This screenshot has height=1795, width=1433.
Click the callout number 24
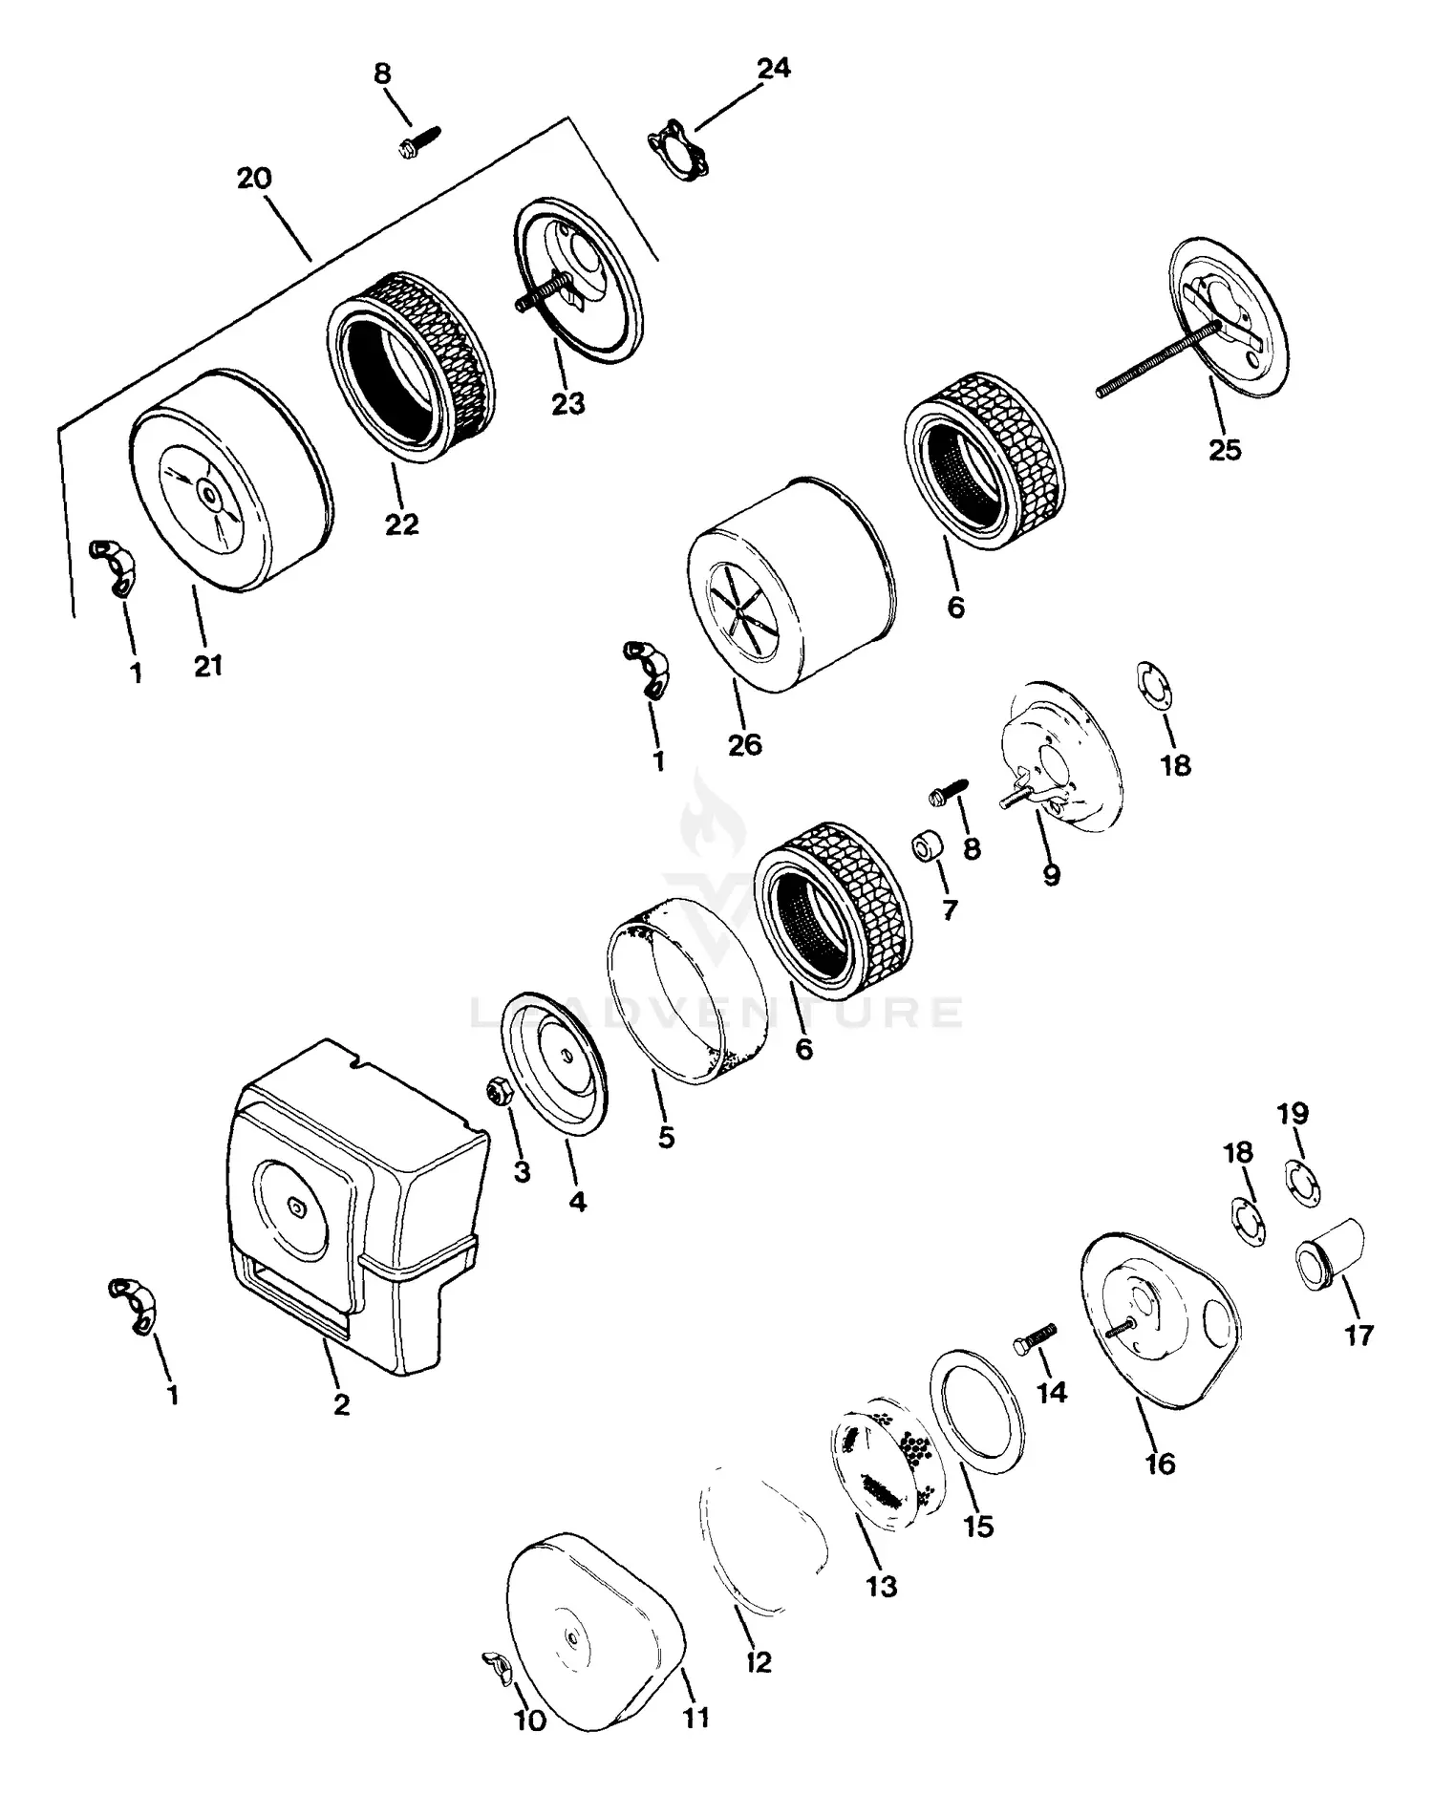pos(773,69)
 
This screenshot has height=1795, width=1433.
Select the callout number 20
pos(254,179)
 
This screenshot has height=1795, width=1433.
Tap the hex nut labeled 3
pos(497,1090)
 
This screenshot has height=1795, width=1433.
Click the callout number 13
pos(881,1586)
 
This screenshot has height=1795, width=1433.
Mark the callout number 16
pos(1160,1464)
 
